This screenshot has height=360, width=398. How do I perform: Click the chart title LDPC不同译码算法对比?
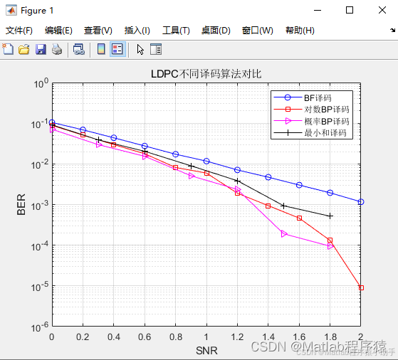[206, 73]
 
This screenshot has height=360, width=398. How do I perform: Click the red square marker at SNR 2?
[361, 287]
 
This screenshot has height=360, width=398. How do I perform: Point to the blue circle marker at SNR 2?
[361, 202]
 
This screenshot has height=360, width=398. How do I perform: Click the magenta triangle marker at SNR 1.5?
[284, 233]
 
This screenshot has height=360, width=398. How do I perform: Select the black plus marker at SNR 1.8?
[330, 216]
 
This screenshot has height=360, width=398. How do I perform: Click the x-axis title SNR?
[206, 350]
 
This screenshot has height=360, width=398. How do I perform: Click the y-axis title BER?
[21, 205]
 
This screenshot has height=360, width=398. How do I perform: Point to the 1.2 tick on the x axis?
[237, 337]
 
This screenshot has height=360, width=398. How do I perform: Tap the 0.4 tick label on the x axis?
[113, 337]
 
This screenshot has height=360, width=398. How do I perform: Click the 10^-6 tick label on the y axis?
[38, 328]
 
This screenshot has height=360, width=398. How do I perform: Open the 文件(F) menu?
[19, 31]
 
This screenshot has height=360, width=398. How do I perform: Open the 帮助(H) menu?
[299, 31]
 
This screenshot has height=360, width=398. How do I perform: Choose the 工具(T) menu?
[176, 31]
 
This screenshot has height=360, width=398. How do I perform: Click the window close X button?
[381, 10]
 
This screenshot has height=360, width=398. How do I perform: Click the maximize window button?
[349, 10]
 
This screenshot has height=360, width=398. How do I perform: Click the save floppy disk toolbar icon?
[41, 49]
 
